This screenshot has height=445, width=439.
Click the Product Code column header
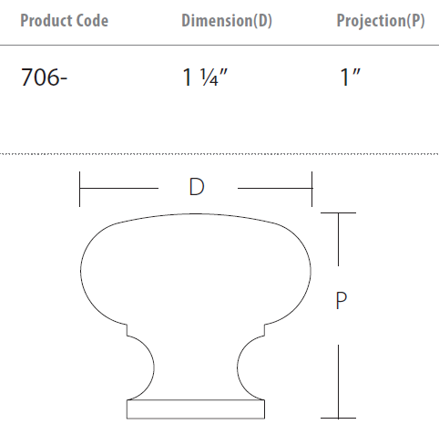pos(64,21)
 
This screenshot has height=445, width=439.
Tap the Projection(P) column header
pos(380,21)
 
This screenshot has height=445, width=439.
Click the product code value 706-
pos(45,78)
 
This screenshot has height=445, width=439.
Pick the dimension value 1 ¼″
pos(205,78)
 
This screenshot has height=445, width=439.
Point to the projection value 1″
pos(351,78)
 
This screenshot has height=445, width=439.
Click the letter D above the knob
pos(196,188)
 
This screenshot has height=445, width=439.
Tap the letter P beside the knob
pos(340,300)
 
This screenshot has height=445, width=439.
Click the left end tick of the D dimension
pos(81,189)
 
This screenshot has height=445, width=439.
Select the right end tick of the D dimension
pos(312,189)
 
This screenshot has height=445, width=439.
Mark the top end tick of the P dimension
pos(340,213)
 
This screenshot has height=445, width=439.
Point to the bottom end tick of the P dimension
pos(340,419)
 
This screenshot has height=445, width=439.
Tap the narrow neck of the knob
pos(196,365)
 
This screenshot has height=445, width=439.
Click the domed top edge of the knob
pos(196,215)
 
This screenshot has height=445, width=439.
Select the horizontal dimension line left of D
pos(118,189)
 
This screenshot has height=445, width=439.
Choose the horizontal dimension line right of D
pos(273,189)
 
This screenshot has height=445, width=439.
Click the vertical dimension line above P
pos(340,246)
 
